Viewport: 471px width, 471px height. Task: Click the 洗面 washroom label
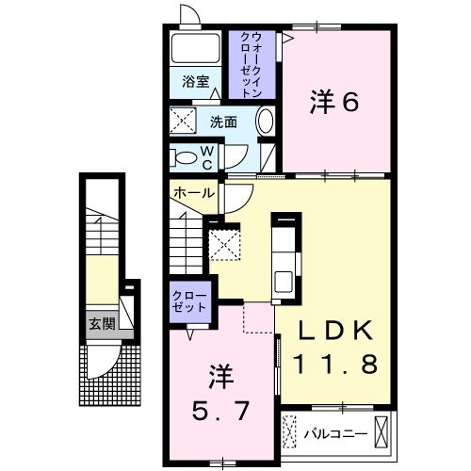click(223, 122)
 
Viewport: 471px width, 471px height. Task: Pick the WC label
click(208, 156)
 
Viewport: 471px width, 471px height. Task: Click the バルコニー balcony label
click(335, 434)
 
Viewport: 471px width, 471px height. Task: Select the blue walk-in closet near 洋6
click(252, 66)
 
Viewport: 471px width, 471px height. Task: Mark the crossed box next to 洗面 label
click(181, 122)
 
